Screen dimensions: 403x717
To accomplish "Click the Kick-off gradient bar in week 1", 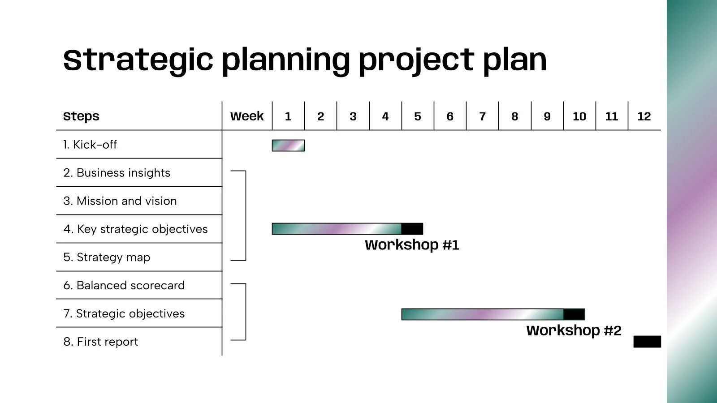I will click(x=288, y=146).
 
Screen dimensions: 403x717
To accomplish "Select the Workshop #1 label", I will click(x=412, y=245).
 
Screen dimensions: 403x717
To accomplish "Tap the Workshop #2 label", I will click(x=574, y=331).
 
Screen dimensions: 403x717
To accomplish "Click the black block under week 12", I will click(x=647, y=342).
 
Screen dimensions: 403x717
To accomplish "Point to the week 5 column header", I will click(x=418, y=116).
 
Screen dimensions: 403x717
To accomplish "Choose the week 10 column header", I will click(x=579, y=116).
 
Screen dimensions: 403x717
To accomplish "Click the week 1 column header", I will click(x=288, y=116).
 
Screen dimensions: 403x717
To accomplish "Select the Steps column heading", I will click(x=81, y=116).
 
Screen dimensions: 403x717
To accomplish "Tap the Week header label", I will click(x=247, y=116).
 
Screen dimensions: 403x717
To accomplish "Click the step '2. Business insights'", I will click(x=117, y=173).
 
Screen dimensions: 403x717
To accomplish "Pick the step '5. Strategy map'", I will click(x=107, y=257).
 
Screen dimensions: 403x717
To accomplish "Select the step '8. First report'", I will click(x=100, y=342).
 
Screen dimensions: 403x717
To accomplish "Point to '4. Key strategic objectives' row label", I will click(x=135, y=229).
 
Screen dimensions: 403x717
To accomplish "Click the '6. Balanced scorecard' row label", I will click(x=124, y=286).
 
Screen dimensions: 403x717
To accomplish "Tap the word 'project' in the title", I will click(x=416, y=60).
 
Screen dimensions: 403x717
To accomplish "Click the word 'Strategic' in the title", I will click(x=138, y=60).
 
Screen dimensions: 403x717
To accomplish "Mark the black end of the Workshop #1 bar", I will click(x=412, y=229).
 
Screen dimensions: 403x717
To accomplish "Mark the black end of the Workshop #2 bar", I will click(x=574, y=314).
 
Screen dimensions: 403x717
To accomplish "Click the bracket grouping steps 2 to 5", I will click(x=245, y=215).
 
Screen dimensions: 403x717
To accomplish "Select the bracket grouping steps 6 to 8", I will click(x=245, y=312).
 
